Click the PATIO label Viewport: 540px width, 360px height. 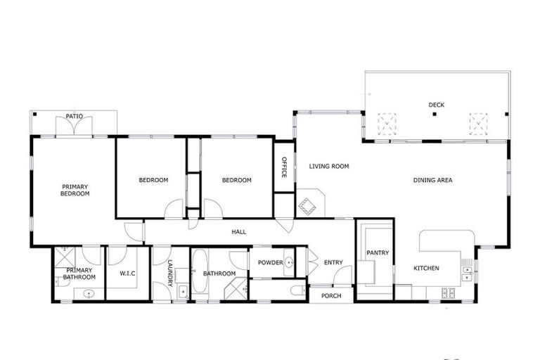point(75,116)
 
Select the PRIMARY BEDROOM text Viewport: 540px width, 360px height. point(75,190)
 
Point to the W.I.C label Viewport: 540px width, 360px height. point(127,274)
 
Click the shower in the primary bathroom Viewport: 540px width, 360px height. point(64,254)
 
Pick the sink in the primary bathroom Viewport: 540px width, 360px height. point(89,293)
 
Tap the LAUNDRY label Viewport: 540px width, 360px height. point(169,274)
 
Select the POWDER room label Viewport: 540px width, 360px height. point(270,263)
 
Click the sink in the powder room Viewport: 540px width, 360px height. point(290,263)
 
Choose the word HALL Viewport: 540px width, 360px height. point(239,231)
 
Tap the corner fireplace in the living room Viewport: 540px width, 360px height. point(308,206)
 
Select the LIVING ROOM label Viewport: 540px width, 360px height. point(329,167)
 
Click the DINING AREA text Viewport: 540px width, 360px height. point(432,181)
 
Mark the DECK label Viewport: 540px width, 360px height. point(437,105)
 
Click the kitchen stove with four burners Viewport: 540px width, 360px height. point(448,292)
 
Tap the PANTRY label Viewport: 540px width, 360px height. point(378,253)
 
